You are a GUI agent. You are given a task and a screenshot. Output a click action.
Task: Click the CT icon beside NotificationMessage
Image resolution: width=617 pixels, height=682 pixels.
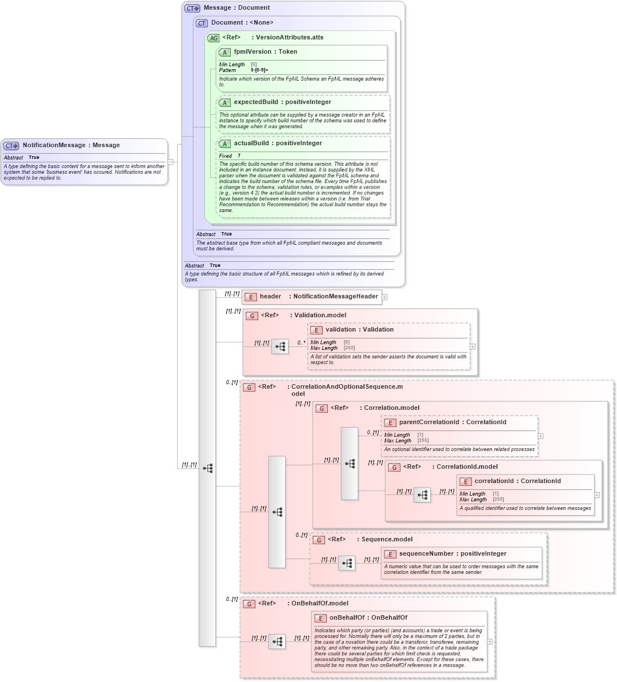[11, 146]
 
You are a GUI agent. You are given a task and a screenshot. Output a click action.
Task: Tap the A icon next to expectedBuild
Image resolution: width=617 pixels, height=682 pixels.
[225, 103]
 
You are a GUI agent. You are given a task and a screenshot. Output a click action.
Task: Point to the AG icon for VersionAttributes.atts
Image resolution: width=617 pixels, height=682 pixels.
[213, 38]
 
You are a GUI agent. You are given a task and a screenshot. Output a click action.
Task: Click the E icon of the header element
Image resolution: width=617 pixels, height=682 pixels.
[250, 297]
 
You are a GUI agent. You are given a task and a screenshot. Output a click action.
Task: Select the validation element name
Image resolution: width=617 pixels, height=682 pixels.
[340, 330]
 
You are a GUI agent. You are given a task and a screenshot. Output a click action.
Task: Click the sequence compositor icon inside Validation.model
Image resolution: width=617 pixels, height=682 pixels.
[280, 346]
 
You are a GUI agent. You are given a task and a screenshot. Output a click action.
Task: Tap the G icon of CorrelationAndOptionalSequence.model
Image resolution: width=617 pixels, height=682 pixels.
[249, 388]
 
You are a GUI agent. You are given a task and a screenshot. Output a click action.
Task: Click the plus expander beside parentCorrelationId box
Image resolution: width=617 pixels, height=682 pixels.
[540, 436]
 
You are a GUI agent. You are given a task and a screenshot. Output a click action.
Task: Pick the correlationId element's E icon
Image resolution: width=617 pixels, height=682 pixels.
[466, 482]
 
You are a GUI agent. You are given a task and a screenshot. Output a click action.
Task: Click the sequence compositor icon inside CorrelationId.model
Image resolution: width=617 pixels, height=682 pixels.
[422, 495]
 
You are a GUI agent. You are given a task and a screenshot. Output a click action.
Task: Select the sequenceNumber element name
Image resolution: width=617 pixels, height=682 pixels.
[426, 554]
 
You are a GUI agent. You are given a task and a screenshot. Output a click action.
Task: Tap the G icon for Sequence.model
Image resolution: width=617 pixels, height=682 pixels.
[319, 540]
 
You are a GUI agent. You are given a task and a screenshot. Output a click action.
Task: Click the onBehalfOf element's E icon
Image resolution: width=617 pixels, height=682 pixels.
[320, 619]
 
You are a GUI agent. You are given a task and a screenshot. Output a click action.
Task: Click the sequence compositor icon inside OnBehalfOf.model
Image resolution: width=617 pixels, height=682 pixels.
[277, 642]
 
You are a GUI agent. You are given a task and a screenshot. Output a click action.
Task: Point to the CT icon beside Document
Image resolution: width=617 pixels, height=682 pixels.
[202, 23]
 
